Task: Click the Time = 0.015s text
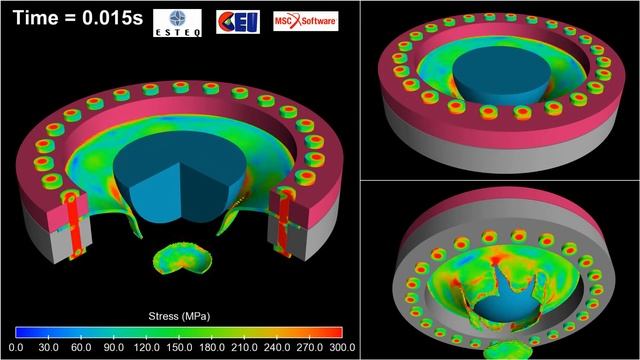tap(78, 18)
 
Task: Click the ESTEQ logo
tap(178, 23)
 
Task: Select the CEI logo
tap(238, 22)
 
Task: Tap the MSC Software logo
tap(306, 21)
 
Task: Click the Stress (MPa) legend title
tap(179, 316)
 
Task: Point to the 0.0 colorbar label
tap(16, 347)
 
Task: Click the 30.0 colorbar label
tap(49, 347)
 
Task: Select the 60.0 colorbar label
tap(81, 347)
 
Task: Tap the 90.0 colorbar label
tap(114, 347)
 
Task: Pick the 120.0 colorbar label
tap(147, 347)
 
